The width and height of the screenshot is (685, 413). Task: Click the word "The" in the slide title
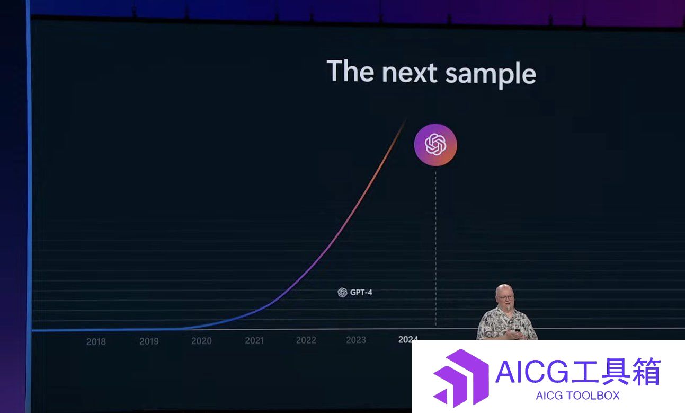click(351, 71)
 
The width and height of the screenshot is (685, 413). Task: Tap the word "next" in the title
click(410, 73)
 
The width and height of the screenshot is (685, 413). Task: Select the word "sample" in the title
click(491, 75)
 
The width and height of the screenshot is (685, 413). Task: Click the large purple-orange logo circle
click(435, 145)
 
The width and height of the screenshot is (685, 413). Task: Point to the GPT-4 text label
click(361, 293)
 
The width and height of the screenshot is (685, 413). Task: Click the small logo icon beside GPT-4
click(342, 293)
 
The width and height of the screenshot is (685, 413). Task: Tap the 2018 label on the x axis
click(96, 341)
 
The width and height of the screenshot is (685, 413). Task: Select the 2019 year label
click(149, 341)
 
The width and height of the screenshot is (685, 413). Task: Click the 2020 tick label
click(201, 341)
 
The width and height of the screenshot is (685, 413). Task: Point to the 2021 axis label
click(254, 340)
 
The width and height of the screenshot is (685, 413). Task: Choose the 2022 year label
click(306, 340)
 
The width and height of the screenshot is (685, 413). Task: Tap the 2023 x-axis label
click(356, 340)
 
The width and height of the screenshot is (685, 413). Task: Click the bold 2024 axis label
click(408, 339)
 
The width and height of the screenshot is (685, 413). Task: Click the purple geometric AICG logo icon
click(461, 378)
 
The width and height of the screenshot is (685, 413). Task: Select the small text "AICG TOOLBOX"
click(577, 396)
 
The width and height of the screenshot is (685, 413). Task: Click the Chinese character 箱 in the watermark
click(647, 372)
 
